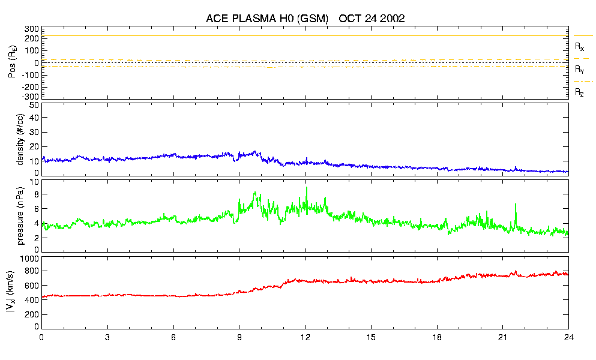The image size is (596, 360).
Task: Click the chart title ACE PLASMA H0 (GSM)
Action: [267, 19]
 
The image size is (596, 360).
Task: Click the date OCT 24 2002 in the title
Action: [372, 19]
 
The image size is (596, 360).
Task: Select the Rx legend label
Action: [580, 46]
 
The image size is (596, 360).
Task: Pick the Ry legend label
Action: [580, 70]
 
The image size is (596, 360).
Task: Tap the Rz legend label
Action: [580, 92]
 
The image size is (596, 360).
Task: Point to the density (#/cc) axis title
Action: [20, 139]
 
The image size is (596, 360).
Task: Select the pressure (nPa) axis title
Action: [20, 215]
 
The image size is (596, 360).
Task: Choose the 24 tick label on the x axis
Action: [568, 338]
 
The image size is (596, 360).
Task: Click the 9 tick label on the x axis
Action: [239, 338]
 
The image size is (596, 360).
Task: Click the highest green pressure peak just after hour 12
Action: [307, 188]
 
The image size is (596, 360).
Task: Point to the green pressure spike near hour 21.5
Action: [516, 205]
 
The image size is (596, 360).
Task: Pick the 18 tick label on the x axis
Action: [437, 338]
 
